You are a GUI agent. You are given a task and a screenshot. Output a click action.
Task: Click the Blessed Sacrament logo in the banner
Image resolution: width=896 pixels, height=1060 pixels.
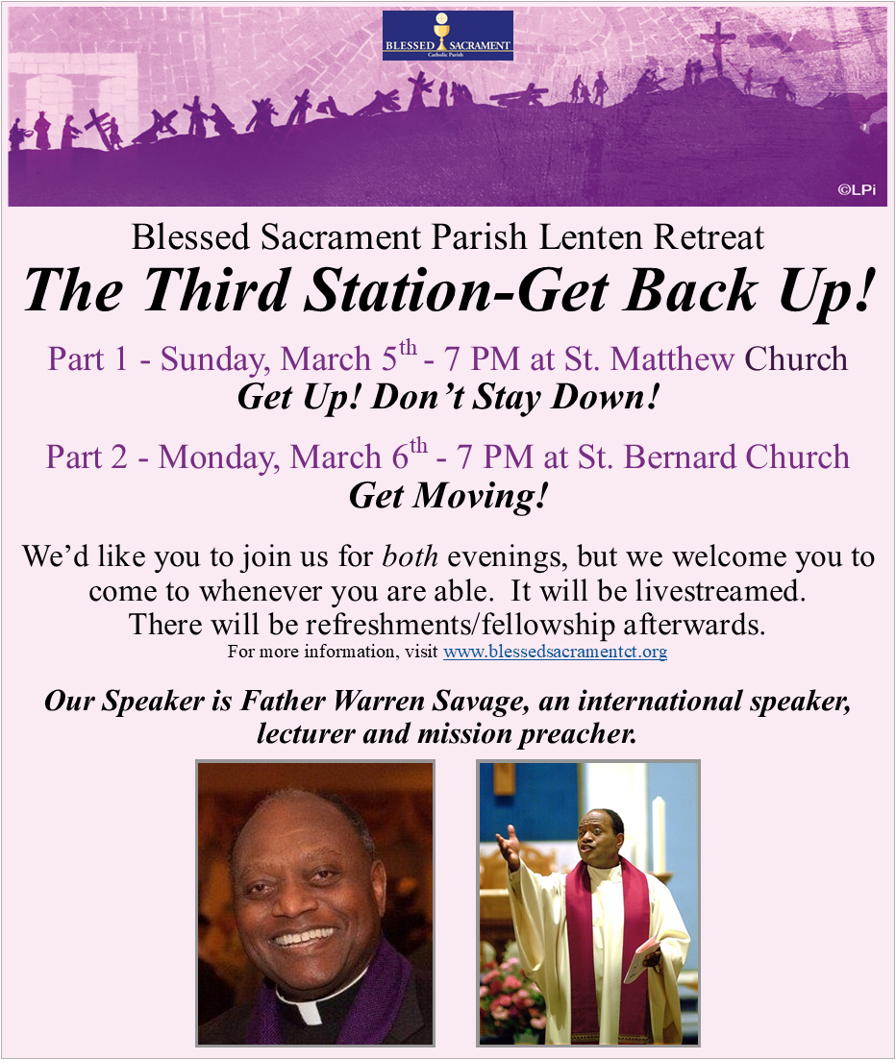[x=448, y=36]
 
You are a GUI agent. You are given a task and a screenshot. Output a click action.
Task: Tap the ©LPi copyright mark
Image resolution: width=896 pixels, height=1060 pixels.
[x=857, y=190]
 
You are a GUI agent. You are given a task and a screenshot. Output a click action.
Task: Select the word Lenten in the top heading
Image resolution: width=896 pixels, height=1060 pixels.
[x=590, y=237]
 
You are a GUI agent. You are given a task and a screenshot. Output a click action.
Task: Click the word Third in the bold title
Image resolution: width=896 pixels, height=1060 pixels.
[x=217, y=290]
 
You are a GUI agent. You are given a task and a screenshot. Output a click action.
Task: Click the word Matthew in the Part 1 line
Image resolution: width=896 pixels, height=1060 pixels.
[x=672, y=359]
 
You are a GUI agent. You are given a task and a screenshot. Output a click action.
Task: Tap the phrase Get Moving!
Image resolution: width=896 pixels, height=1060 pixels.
[x=448, y=496]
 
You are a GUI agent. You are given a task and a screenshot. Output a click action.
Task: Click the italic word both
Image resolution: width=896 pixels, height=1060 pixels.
[x=410, y=556]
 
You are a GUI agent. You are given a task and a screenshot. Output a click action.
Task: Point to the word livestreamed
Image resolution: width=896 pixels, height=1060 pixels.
[x=720, y=591]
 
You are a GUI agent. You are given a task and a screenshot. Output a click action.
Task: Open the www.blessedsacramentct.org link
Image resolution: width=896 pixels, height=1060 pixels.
[x=555, y=652]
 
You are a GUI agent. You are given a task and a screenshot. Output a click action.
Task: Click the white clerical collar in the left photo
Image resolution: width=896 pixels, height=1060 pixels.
[x=305, y=1011]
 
